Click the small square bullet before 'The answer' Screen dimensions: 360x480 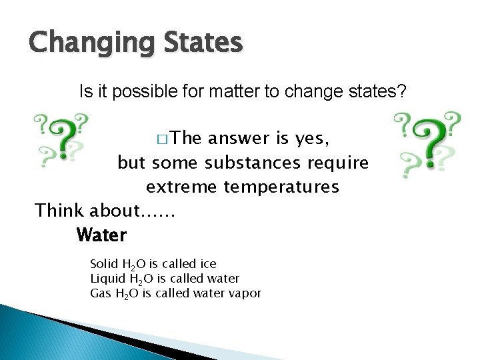pyautogui.click(x=164, y=139)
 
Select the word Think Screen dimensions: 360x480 pyautogui.click(x=58, y=211)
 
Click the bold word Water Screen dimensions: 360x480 pyautogui.click(x=101, y=235)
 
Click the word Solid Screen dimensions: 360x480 pyautogui.click(x=103, y=264)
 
